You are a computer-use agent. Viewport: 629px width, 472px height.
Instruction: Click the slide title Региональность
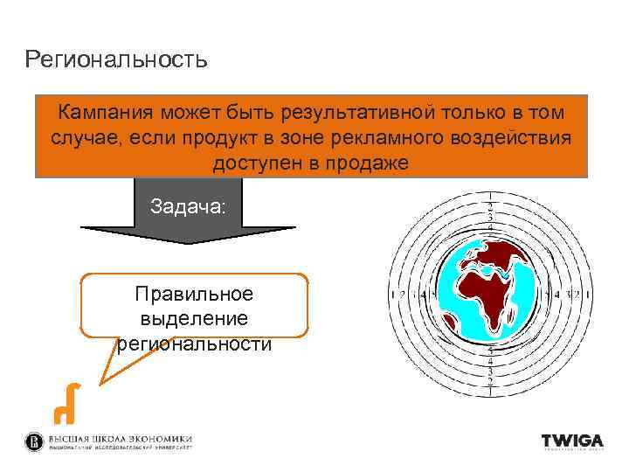(x=116, y=59)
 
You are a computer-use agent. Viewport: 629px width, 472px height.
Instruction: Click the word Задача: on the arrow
(x=188, y=207)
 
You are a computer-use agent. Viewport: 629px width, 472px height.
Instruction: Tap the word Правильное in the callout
(x=194, y=294)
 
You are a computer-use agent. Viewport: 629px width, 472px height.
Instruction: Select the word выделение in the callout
(x=194, y=318)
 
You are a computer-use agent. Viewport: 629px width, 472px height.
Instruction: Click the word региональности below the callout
(x=194, y=344)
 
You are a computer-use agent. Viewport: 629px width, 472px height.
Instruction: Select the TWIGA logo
(x=571, y=442)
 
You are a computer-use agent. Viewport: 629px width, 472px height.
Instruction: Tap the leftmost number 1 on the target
(x=392, y=295)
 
